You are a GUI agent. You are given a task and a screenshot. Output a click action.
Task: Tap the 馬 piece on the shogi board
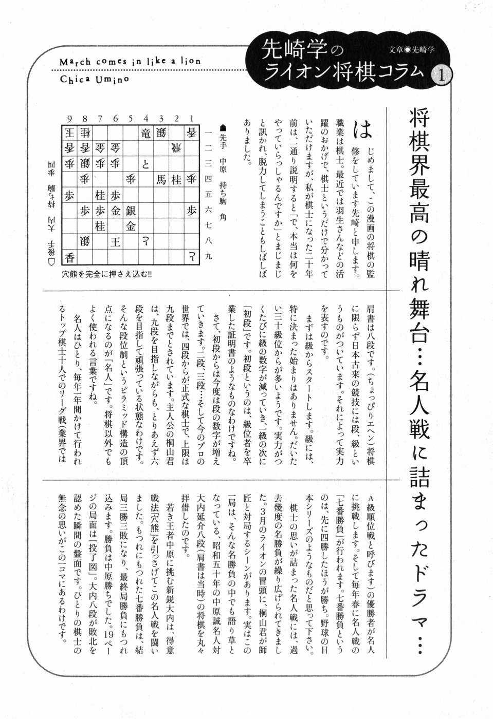coord(161,179)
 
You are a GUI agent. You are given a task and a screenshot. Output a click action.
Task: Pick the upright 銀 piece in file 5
coord(131,210)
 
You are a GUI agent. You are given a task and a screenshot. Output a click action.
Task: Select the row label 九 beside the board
coord(208,255)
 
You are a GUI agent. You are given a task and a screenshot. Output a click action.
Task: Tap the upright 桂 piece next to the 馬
coord(177,179)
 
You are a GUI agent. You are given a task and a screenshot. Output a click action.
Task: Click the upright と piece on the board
coord(147,164)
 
